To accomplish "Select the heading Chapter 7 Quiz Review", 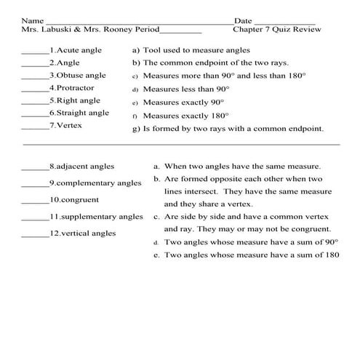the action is tap(277, 31).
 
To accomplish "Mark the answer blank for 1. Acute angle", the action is tap(34, 52).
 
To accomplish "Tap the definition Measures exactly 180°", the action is tap(185, 116).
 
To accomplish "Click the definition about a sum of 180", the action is tap(252, 256).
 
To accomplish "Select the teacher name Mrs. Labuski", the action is tap(44, 31).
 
